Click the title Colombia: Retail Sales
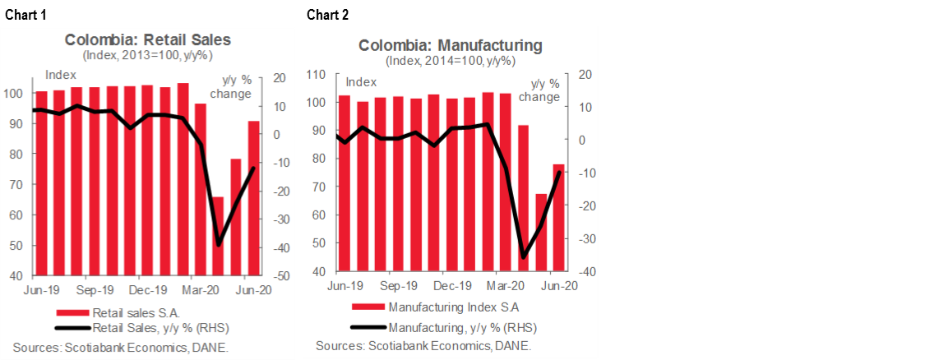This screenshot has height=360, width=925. pos(148,39)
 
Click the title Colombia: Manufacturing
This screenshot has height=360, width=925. pos(450,45)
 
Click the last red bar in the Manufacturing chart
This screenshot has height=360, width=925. pos(558,218)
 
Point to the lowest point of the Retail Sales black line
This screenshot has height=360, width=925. pos(218,244)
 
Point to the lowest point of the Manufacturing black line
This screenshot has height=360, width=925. pos(523,258)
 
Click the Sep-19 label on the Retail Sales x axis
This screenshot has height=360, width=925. pos(95,290)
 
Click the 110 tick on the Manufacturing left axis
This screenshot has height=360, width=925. pos(317,75)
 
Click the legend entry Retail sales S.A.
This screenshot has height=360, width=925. pos(136,312)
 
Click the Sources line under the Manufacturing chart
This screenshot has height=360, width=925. pos(423,346)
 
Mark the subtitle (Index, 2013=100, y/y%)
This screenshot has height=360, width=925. pos(148,56)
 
